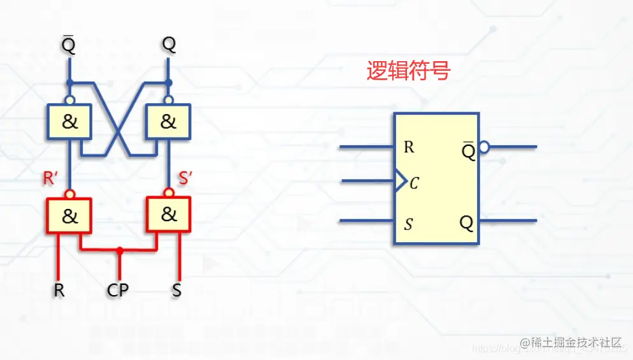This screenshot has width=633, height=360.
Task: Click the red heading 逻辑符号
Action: pos(408,71)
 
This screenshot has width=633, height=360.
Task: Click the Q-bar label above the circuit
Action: pos(69,45)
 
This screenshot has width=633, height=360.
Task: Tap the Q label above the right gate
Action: pos(169,45)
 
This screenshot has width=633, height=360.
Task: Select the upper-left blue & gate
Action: pos(69,122)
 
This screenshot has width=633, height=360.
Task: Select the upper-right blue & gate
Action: pos(168,122)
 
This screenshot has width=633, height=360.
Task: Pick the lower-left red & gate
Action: pos(69,217)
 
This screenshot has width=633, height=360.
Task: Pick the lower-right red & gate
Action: pos(169,215)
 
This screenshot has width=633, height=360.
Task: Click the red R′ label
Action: pos(52,178)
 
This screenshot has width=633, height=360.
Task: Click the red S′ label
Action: pos(185,178)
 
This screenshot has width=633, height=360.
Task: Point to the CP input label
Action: pos(118,291)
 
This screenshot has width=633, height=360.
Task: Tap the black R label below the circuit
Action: pos(59,291)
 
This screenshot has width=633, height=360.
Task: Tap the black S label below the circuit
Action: pos(176,291)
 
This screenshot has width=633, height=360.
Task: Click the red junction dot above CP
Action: pos(119,251)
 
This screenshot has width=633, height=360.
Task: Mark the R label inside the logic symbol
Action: pos(409,147)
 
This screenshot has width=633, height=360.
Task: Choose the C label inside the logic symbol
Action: pos(415,184)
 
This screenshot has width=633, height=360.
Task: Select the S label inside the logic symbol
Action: pos(409,224)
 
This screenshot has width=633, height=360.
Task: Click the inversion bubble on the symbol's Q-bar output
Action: pos(483,147)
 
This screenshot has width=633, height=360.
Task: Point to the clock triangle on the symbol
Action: pos(401,181)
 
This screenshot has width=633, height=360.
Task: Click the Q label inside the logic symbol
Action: pos(467,223)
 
